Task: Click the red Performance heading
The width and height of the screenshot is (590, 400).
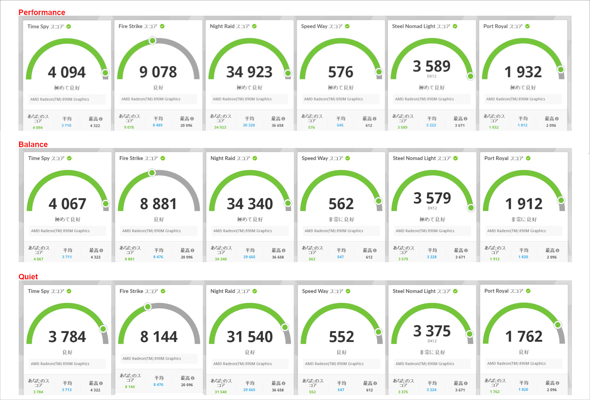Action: coord(42,12)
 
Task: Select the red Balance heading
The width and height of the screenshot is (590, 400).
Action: coord(33,144)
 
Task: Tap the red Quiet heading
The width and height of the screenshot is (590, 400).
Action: coord(28,276)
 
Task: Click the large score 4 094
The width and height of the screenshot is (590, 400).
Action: coord(67,72)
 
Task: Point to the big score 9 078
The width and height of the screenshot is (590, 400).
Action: coord(158,72)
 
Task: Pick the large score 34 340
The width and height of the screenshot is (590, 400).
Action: coord(250,204)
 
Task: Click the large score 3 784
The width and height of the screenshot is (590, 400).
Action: coord(67,337)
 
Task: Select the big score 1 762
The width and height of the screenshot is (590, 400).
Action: coord(524,336)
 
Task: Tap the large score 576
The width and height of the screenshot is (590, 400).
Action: coord(340,72)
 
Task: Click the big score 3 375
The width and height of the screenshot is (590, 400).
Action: coord(432,331)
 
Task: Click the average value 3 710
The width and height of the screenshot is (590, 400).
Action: coord(66,126)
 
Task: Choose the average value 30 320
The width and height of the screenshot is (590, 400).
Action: coord(249,125)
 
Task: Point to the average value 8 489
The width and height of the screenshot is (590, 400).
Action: coord(158,125)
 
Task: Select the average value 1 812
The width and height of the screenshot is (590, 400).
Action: coord(522,125)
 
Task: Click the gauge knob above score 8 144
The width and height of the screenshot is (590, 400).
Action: coord(148,307)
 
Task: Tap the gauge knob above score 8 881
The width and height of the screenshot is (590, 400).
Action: coord(152,173)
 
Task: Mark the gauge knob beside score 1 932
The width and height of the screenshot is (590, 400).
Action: coord(561,70)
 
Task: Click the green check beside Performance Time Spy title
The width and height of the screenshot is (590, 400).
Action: coord(69,26)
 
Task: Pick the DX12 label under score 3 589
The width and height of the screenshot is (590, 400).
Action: coord(431,76)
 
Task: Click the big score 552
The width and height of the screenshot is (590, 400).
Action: coord(341,337)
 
